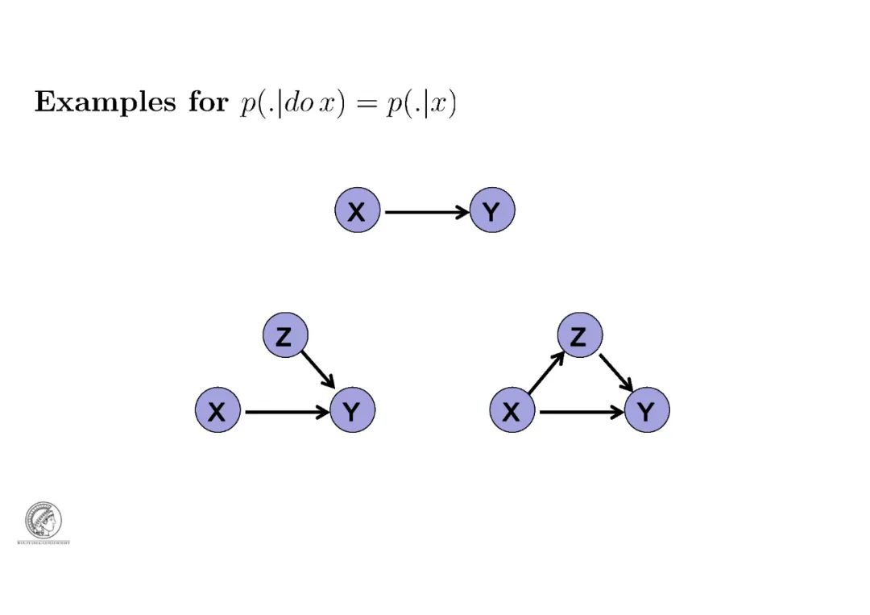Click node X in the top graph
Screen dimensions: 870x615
coord(357,211)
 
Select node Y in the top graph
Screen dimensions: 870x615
coord(491,211)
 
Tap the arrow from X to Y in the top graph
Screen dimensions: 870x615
coord(425,212)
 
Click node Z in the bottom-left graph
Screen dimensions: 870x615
coord(285,336)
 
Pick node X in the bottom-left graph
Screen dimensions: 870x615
coord(217,411)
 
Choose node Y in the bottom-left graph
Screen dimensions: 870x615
coord(352,411)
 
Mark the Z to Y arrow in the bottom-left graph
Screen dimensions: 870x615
coord(318,369)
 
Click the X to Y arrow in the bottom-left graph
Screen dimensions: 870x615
coord(285,412)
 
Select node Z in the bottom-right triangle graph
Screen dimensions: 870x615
coord(579,336)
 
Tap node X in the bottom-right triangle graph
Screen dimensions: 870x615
coord(512,411)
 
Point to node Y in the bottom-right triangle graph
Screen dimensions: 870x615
coord(646,411)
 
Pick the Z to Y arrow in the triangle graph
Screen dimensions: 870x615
coord(615,371)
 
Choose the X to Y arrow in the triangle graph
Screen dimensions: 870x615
coord(580,412)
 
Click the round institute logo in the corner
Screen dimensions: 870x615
coord(43,521)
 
